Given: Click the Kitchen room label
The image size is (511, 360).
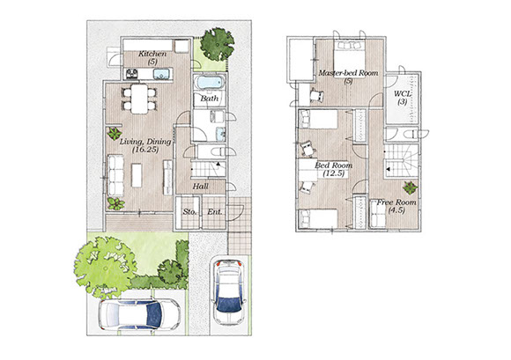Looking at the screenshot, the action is [x=152, y=54].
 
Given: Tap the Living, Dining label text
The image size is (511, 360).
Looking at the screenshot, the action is [x=145, y=142].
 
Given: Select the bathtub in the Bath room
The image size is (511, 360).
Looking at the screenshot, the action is [x=211, y=82].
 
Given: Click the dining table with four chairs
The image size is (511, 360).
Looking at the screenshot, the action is [x=139, y=99].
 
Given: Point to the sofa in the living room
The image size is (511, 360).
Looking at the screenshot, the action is [x=115, y=175].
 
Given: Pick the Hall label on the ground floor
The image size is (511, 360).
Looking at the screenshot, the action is [x=200, y=187].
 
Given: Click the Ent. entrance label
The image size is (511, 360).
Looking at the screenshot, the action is [x=215, y=212].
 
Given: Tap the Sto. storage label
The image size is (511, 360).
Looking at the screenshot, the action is [x=189, y=212].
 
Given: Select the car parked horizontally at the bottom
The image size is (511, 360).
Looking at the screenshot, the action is [x=139, y=314].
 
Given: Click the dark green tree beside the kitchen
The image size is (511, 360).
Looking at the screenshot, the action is [x=217, y=44].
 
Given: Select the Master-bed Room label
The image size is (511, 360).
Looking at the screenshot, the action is [x=348, y=73].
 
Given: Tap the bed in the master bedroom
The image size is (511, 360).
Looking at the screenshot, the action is [x=350, y=57].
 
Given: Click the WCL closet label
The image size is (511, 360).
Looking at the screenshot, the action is [x=403, y=94].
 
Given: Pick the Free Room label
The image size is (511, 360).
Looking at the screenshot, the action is [x=396, y=202].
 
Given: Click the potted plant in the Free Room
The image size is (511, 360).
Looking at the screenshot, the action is [x=410, y=187].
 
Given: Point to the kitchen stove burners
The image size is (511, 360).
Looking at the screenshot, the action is [x=132, y=74].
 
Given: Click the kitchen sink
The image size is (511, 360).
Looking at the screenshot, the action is [x=161, y=74].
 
